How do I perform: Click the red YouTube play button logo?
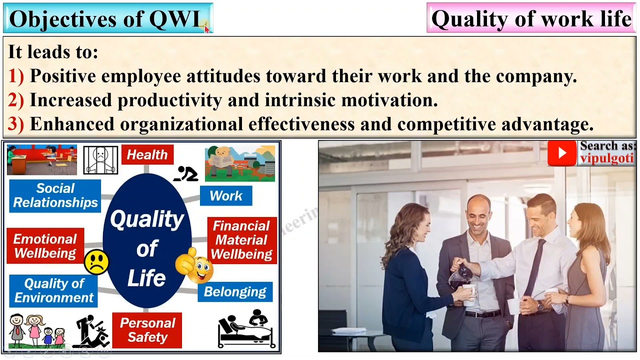[x=561, y=153]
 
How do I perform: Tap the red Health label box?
[x=147, y=154]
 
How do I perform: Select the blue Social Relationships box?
[x=55, y=195]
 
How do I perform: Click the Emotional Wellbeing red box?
[x=45, y=246]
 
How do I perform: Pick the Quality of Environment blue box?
[x=53, y=290]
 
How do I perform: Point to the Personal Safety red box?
[x=147, y=330]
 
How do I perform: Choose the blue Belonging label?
[x=235, y=292]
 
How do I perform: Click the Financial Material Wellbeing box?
[x=241, y=240]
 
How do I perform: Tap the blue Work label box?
[x=226, y=195]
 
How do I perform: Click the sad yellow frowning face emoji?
[x=96, y=261]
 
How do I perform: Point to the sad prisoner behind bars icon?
[x=100, y=159]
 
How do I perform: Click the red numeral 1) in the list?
[x=16, y=76]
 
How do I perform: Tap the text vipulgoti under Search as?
[x=606, y=158]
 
